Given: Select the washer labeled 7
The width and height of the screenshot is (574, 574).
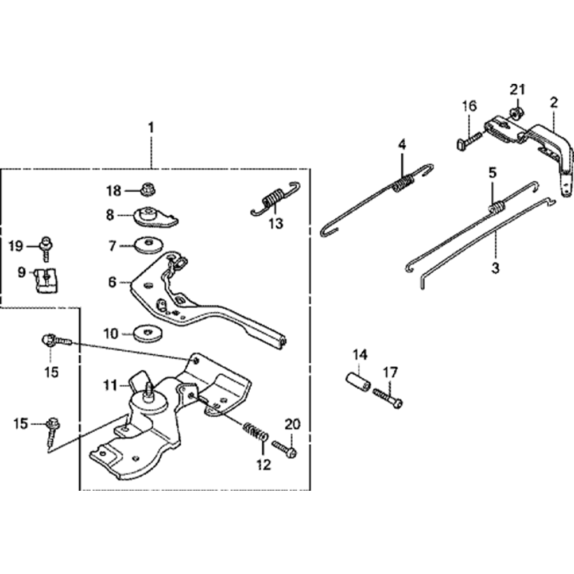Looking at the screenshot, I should point(148,246).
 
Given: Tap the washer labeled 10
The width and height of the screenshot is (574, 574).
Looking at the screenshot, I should point(148,332).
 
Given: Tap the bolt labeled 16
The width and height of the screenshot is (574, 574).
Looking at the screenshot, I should point(470,138).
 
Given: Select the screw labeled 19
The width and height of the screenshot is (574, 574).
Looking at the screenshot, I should point(46,247).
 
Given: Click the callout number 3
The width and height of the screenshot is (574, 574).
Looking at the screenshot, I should point(495,267).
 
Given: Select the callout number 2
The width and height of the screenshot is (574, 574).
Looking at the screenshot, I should point(553,103).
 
